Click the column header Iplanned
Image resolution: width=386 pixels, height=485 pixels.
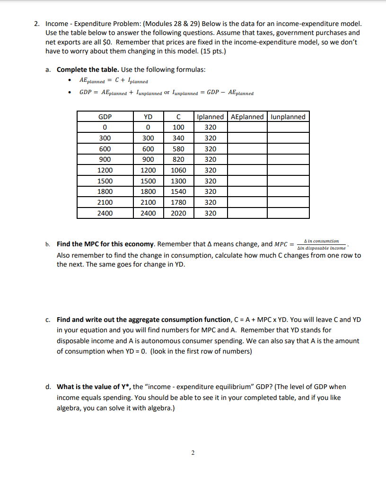211,117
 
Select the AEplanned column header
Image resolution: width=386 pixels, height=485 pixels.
247,117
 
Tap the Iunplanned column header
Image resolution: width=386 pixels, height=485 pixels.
288,117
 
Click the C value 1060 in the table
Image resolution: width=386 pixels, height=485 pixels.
179,170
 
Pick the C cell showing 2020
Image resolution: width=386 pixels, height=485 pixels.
179,213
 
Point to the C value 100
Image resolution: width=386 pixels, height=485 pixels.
179,128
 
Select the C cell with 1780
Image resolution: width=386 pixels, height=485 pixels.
179,202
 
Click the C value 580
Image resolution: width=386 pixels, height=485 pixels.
179,149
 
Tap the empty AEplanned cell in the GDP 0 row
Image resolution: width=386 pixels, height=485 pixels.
247,128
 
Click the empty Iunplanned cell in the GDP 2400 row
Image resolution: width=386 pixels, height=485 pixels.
288,213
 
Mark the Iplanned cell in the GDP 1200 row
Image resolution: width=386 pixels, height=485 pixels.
211,170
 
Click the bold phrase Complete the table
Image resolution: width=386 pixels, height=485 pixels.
88,69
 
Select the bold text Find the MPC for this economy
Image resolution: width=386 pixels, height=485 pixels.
105,244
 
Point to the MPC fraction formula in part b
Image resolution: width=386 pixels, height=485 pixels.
321,244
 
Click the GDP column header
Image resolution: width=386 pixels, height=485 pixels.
105,117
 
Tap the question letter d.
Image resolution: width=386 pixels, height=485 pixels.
48,387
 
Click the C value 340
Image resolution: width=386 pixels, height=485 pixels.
179,138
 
